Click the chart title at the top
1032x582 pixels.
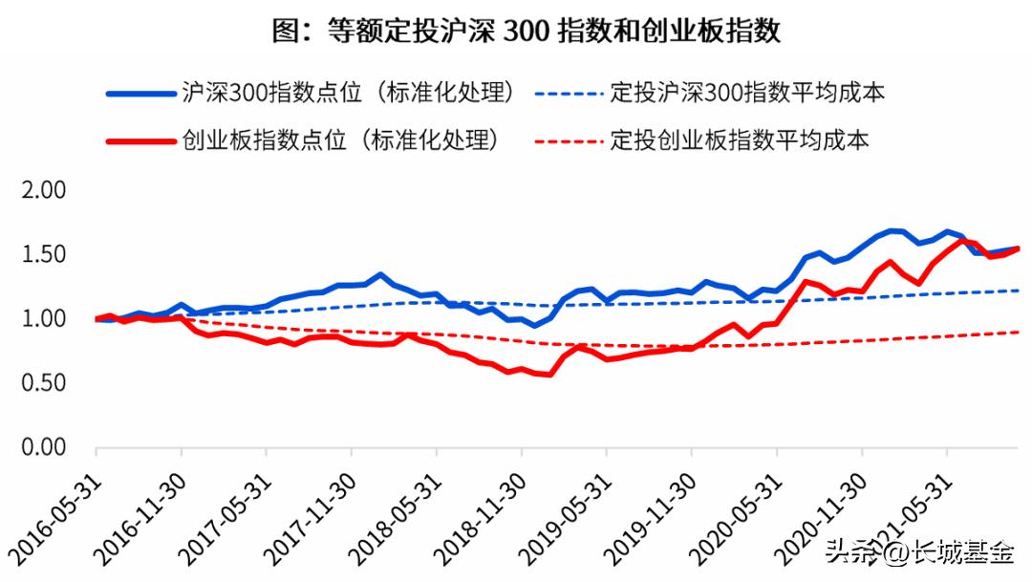[x=527, y=32]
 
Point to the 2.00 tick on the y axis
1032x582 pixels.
[x=43, y=190]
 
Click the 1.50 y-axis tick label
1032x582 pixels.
[x=43, y=254]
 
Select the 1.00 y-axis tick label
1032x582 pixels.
[x=43, y=318]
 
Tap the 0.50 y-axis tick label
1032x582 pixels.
[x=43, y=383]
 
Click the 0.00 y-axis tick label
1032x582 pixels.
[x=43, y=447]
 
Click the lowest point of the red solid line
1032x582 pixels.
[x=549, y=375]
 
